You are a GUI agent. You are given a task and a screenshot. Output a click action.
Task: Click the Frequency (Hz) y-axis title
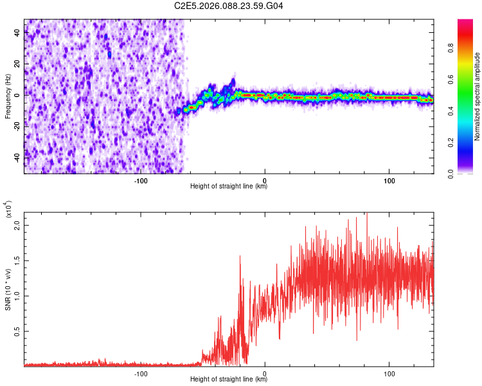[x=8, y=96]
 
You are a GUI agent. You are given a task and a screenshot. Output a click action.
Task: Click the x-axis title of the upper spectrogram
[x=229, y=186]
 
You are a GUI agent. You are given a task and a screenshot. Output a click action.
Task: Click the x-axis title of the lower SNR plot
[x=229, y=378]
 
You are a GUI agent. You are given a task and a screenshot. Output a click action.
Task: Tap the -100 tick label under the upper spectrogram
[x=141, y=180]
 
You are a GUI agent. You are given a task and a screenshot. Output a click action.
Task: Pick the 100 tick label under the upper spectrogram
[x=389, y=180]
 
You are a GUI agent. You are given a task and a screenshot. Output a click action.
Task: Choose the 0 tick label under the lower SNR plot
[x=265, y=372]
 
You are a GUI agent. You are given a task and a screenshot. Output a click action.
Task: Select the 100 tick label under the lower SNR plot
[x=389, y=372]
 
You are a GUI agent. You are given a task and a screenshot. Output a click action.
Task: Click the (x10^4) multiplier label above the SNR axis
[x=9, y=210]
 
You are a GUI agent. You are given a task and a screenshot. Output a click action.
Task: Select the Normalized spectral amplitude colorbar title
[x=478, y=96]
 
